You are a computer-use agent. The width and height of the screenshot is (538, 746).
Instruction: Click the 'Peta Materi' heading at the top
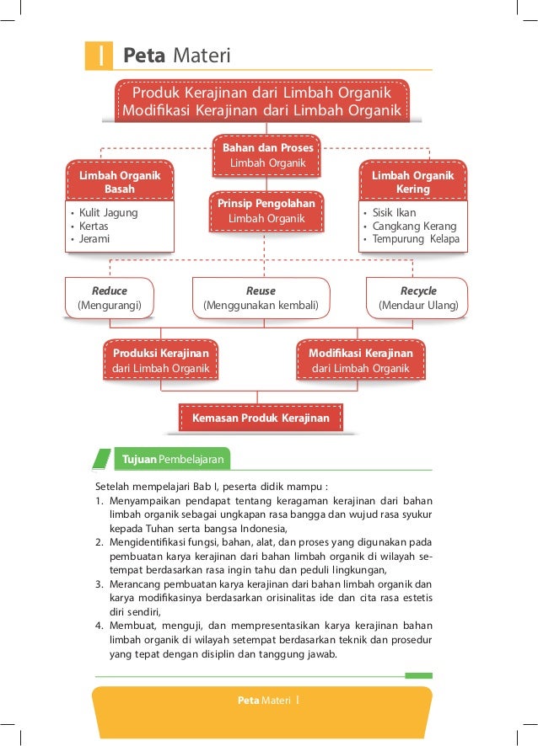coord(176,56)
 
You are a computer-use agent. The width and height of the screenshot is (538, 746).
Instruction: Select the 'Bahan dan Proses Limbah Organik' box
coord(267,155)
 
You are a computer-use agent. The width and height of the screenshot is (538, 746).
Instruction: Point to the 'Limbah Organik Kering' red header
coord(412,182)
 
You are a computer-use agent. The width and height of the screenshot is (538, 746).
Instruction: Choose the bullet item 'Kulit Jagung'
coord(108,213)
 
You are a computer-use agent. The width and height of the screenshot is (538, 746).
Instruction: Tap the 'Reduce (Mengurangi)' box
coord(109,298)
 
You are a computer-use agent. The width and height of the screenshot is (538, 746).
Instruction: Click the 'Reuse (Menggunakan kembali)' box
coord(261,298)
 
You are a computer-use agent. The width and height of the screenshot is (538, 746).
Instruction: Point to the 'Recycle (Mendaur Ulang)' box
coord(418,298)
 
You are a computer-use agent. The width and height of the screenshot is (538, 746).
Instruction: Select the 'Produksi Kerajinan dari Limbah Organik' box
coord(159,361)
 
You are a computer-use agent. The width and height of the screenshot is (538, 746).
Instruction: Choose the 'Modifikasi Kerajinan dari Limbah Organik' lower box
coord(361,361)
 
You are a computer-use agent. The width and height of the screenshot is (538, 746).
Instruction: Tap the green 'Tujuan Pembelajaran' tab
coord(172,460)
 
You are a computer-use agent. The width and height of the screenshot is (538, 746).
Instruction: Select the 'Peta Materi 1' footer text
coord(270,701)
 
